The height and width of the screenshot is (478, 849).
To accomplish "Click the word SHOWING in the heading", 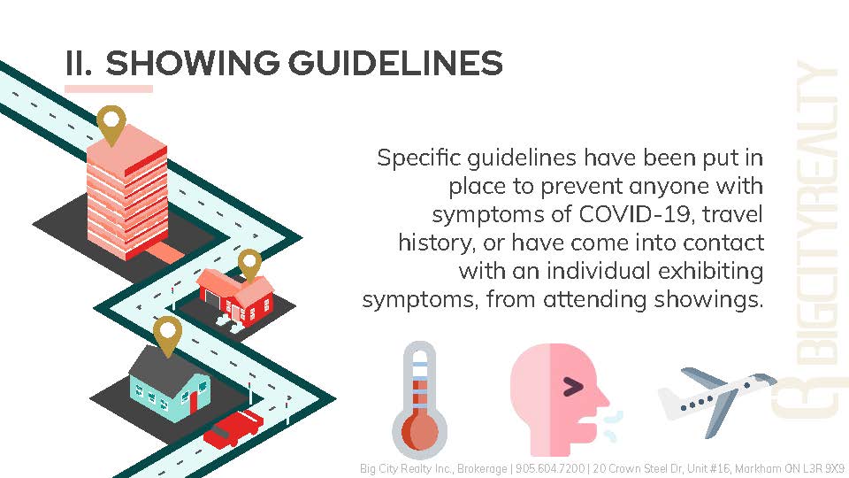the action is click(192, 63).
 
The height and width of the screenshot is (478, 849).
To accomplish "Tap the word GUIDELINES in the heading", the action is click(395, 63).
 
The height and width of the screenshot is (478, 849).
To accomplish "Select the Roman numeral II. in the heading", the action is click(79, 63).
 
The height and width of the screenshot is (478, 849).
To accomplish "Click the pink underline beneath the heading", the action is click(108, 89).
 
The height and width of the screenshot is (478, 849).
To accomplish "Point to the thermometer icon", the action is click(419, 401).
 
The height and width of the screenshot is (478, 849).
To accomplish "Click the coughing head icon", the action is click(563, 399).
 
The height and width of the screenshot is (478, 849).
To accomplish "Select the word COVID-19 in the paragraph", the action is click(634, 214).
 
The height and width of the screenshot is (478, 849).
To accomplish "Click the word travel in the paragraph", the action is click(732, 214).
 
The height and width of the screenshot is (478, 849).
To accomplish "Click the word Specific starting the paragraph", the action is click(418, 158).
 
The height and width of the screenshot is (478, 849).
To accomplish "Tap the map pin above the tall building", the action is click(111, 125).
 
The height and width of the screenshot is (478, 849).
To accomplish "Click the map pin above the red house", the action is click(249, 265).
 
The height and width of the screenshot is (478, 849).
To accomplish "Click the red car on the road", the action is click(233, 428).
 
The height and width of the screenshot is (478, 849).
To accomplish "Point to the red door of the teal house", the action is click(194, 402).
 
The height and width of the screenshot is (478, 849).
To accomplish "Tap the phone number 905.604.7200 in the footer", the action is click(549, 468).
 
